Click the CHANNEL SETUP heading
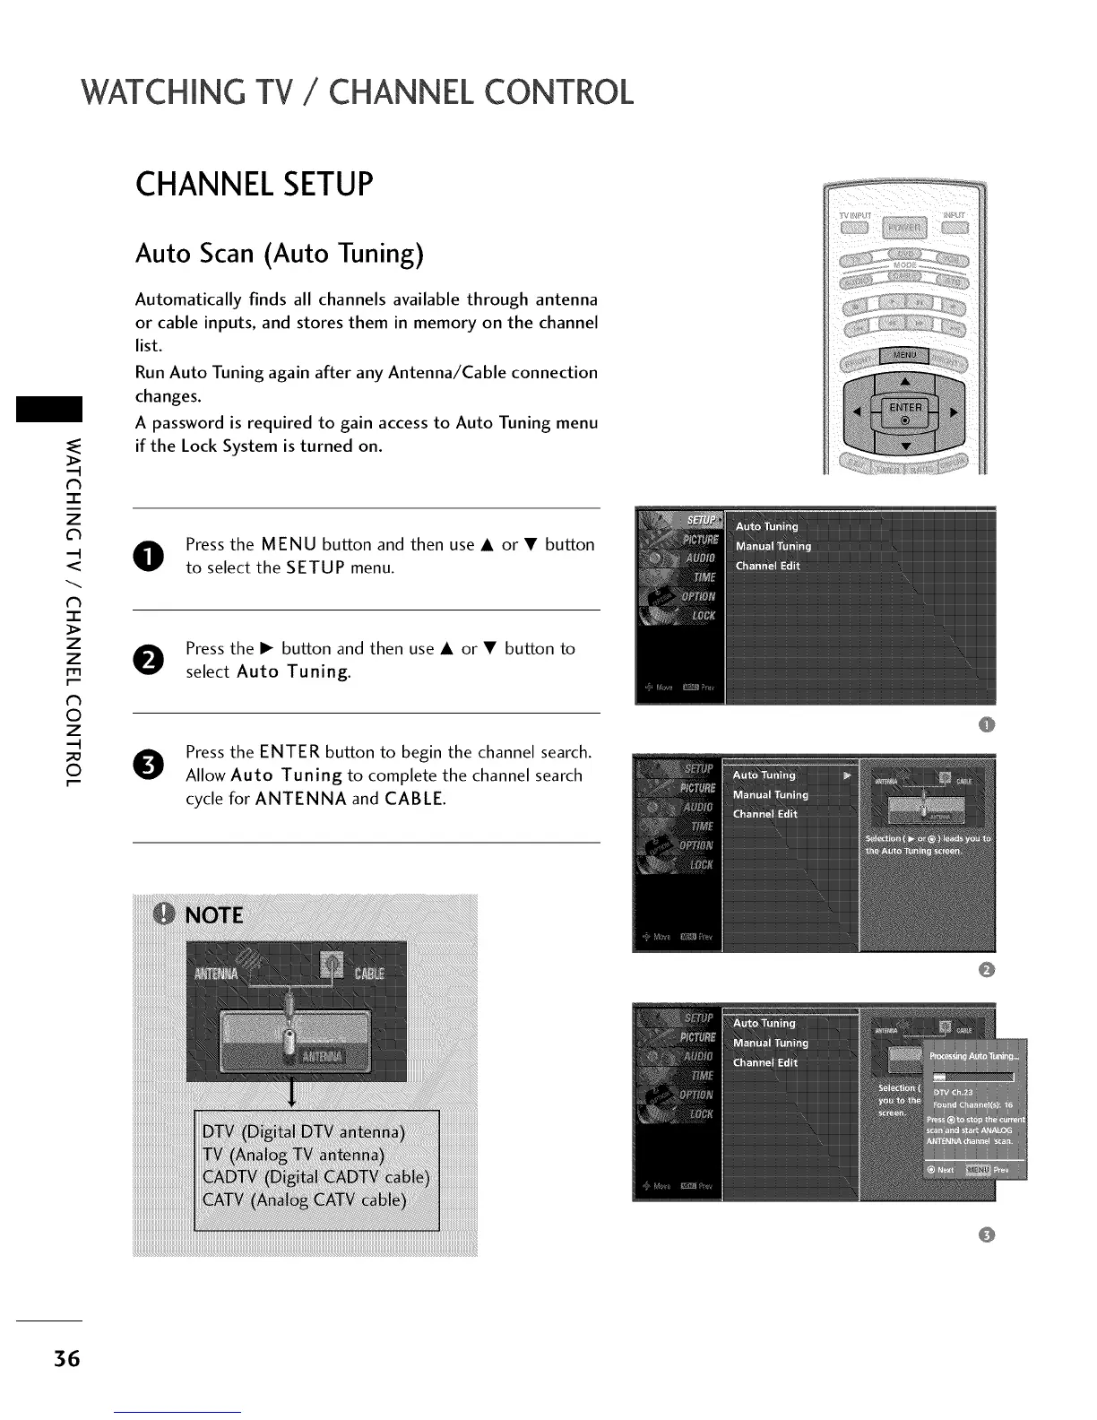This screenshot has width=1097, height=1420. (x=254, y=185)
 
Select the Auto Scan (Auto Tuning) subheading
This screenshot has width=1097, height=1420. (x=279, y=254)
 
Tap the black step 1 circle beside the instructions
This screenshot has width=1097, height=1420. (x=151, y=556)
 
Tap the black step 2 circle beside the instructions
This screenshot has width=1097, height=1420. (x=151, y=660)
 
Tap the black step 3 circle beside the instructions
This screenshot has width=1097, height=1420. (x=151, y=764)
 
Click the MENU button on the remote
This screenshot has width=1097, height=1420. (x=904, y=355)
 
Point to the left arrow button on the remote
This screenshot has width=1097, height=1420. (x=858, y=412)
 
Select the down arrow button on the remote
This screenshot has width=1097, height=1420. (x=905, y=446)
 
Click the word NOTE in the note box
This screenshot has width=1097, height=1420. (x=213, y=915)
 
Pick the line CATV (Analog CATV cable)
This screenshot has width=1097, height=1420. (x=305, y=1199)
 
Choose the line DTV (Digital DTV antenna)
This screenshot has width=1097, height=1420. (x=304, y=1131)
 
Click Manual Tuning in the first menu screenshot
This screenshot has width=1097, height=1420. (x=773, y=546)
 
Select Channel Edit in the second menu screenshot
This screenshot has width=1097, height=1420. (x=764, y=814)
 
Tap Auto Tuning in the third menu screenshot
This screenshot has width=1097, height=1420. (x=764, y=1023)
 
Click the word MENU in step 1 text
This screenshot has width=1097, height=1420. (x=289, y=544)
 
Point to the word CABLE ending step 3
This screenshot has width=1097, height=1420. (x=413, y=798)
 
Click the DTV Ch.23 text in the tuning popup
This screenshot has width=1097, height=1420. (x=953, y=1093)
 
